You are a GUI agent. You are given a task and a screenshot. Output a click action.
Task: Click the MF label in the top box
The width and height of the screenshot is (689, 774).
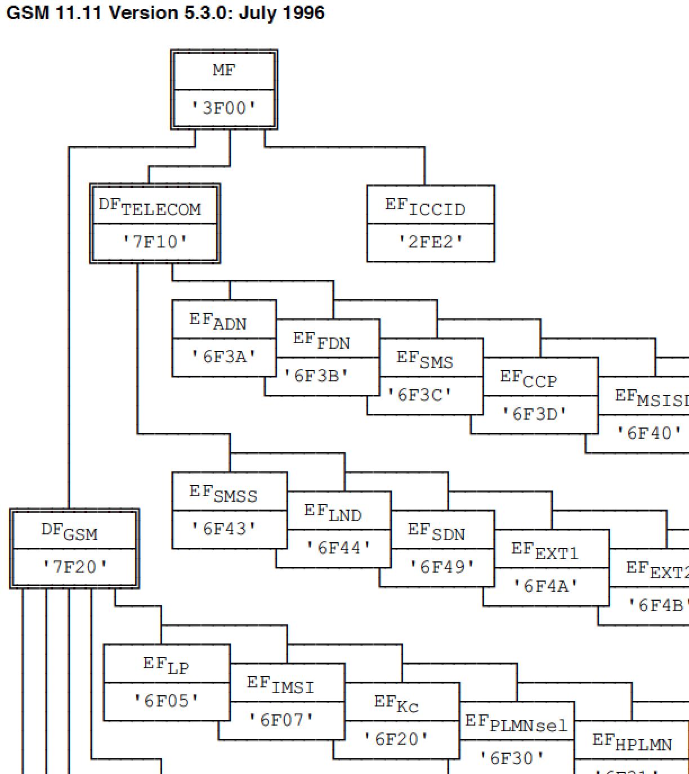coord(224,70)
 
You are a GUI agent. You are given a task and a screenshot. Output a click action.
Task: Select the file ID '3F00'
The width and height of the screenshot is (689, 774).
coord(224,107)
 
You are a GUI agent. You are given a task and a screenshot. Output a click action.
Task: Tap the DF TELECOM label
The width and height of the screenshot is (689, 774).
coord(150,207)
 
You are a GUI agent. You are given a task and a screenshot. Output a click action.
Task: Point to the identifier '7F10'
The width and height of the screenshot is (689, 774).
coord(155,242)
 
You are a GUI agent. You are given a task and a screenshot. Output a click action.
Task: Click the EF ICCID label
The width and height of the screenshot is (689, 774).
coord(426,207)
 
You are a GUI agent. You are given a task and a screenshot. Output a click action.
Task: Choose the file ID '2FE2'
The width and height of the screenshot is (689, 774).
coord(431,242)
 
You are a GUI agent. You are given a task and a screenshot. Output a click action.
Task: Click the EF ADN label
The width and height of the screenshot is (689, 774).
coord(218,321)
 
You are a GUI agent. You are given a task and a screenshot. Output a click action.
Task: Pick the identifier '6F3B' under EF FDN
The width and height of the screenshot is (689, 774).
coord(316,375)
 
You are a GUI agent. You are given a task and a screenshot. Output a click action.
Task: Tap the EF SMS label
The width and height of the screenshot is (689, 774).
coord(425,359)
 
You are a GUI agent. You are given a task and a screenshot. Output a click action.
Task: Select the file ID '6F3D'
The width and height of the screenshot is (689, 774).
coord(534,414)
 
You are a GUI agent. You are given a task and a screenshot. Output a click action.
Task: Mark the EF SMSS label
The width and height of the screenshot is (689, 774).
coord(223,493)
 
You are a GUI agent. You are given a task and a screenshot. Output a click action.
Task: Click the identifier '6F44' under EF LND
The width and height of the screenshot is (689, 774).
coord(339,547)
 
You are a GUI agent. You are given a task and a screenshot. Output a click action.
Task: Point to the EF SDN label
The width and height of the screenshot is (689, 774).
coord(436,532)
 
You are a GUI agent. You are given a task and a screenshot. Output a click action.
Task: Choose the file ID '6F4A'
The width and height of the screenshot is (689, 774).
coord(545,586)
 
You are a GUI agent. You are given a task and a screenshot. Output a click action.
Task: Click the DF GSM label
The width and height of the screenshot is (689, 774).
coord(69,532)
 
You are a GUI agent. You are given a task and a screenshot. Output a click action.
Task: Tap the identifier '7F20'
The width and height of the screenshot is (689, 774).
coord(74,566)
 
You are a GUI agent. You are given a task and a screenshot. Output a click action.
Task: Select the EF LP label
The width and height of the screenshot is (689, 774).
coord(167,665)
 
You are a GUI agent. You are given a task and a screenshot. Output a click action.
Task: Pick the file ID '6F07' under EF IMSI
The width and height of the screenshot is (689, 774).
coord(281,719)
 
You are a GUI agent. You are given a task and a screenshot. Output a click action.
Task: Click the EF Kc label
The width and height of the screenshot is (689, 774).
coord(397,704)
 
